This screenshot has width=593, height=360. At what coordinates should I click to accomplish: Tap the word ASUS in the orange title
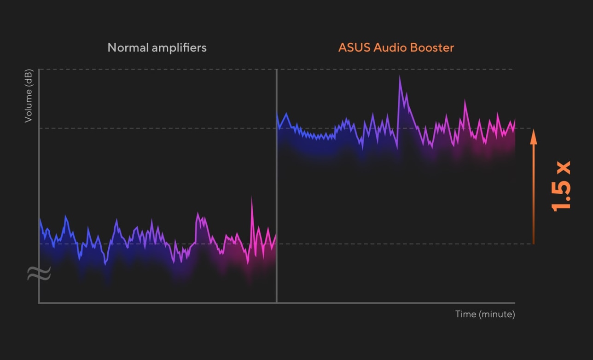click(x=353, y=47)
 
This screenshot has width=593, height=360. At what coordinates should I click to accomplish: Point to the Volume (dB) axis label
click(x=29, y=96)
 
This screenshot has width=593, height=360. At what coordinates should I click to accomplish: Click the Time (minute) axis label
click(x=485, y=314)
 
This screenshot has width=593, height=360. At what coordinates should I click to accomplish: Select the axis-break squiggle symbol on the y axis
click(x=39, y=273)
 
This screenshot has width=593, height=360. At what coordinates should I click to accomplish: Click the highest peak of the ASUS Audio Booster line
click(x=400, y=76)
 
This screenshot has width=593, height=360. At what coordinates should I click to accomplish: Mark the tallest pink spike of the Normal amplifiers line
click(x=251, y=198)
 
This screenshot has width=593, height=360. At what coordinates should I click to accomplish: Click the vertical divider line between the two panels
click(x=276, y=184)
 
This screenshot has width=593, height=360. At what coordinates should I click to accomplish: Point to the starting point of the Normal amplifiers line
click(x=40, y=219)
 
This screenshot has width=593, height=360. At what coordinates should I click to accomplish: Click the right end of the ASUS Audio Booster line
click(x=514, y=121)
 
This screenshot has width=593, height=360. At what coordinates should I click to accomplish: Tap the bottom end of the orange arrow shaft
click(x=533, y=243)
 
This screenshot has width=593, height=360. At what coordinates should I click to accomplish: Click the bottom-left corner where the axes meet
click(x=39, y=302)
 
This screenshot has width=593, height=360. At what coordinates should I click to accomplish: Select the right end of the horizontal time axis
click(x=514, y=302)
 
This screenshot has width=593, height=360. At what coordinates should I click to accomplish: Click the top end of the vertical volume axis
click(x=39, y=70)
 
